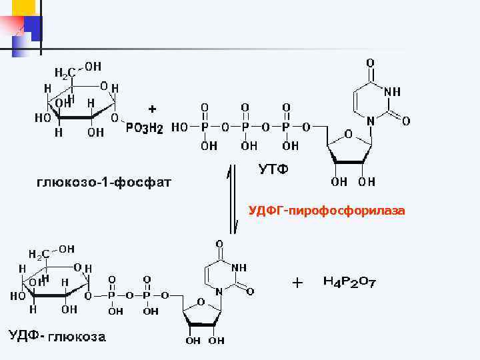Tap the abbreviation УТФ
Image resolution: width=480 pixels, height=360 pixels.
click(273, 169)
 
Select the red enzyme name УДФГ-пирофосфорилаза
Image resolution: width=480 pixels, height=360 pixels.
click(327, 211)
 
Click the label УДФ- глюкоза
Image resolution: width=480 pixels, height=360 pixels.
click(57, 337)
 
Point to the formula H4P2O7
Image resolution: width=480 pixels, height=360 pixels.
click(349, 283)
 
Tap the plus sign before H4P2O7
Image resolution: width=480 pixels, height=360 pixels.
click(297, 283)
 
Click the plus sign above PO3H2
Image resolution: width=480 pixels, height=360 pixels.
click(153, 108)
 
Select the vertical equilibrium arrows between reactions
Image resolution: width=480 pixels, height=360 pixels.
click(232, 200)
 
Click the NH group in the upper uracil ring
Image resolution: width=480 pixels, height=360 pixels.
click(391, 91)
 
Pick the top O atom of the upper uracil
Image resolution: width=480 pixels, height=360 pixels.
click(370, 63)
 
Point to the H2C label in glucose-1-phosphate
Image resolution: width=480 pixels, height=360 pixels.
click(64, 71)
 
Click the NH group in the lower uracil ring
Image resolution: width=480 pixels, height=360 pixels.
click(237, 267)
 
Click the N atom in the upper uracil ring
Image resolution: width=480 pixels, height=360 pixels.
click(371, 121)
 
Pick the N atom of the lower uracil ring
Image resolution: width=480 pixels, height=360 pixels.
click(219, 291)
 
